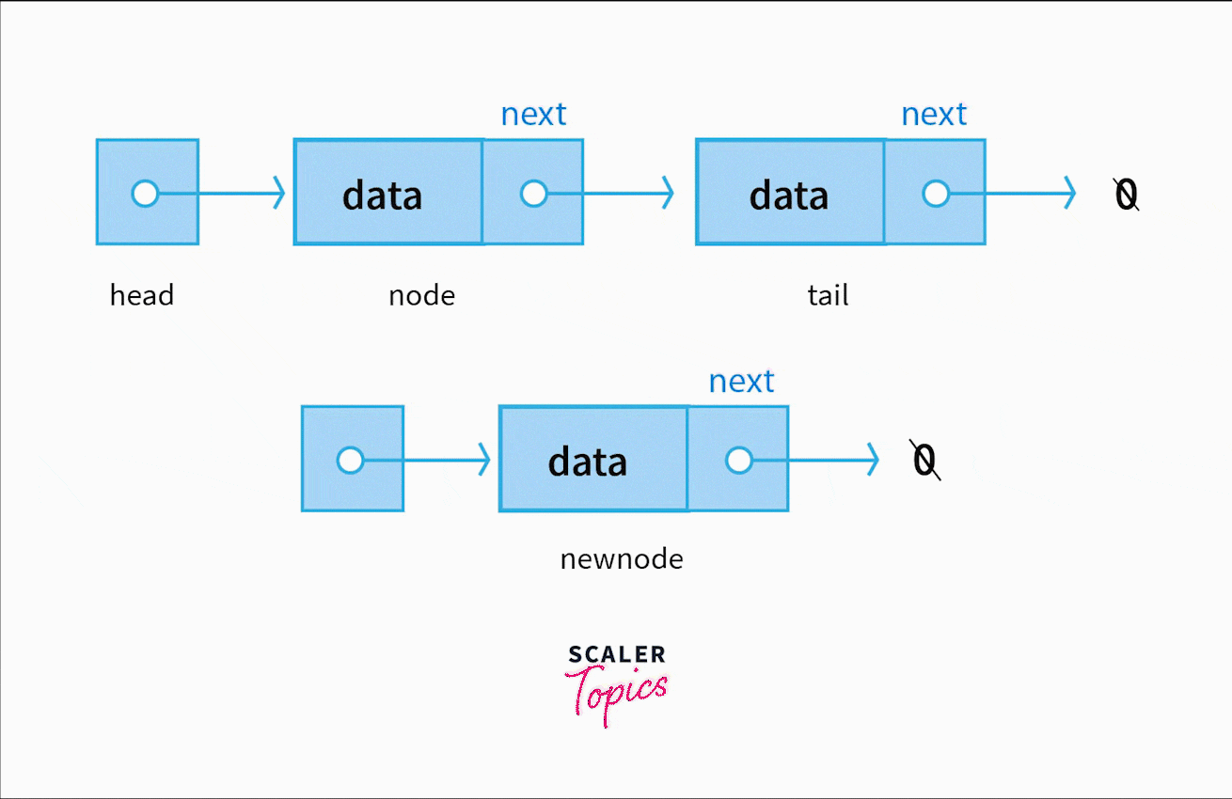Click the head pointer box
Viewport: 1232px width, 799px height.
(x=148, y=193)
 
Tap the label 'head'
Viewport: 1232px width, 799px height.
(x=142, y=295)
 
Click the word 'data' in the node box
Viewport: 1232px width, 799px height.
(x=382, y=195)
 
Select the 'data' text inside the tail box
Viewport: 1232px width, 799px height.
(x=788, y=195)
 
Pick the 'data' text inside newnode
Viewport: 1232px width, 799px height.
(x=587, y=462)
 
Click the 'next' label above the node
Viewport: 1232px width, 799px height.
(x=533, y=115)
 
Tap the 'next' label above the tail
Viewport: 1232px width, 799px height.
(x=934, y=115)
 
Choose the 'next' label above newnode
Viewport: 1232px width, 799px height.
(x=741, y=382)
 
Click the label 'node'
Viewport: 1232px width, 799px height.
(x=421, y=296)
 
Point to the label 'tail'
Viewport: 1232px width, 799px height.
(x=828, y=295)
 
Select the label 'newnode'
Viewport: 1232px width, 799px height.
(x=622, y=560)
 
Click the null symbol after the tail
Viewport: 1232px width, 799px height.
(x=1126, y=195)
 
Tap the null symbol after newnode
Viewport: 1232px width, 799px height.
(x=925, y=460)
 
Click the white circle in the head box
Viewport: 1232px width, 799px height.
(x=145, y=194)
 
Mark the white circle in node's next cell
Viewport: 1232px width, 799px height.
(x=533, y=194)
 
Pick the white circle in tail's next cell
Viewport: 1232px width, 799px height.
(x=935, y=194)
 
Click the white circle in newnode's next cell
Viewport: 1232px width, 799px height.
(x=739, y=461)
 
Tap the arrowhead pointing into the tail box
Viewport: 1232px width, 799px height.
(x=668, y=194)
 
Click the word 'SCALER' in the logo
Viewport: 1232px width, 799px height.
(x=617, y=654)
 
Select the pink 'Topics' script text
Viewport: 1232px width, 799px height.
(x=617, y=693)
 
